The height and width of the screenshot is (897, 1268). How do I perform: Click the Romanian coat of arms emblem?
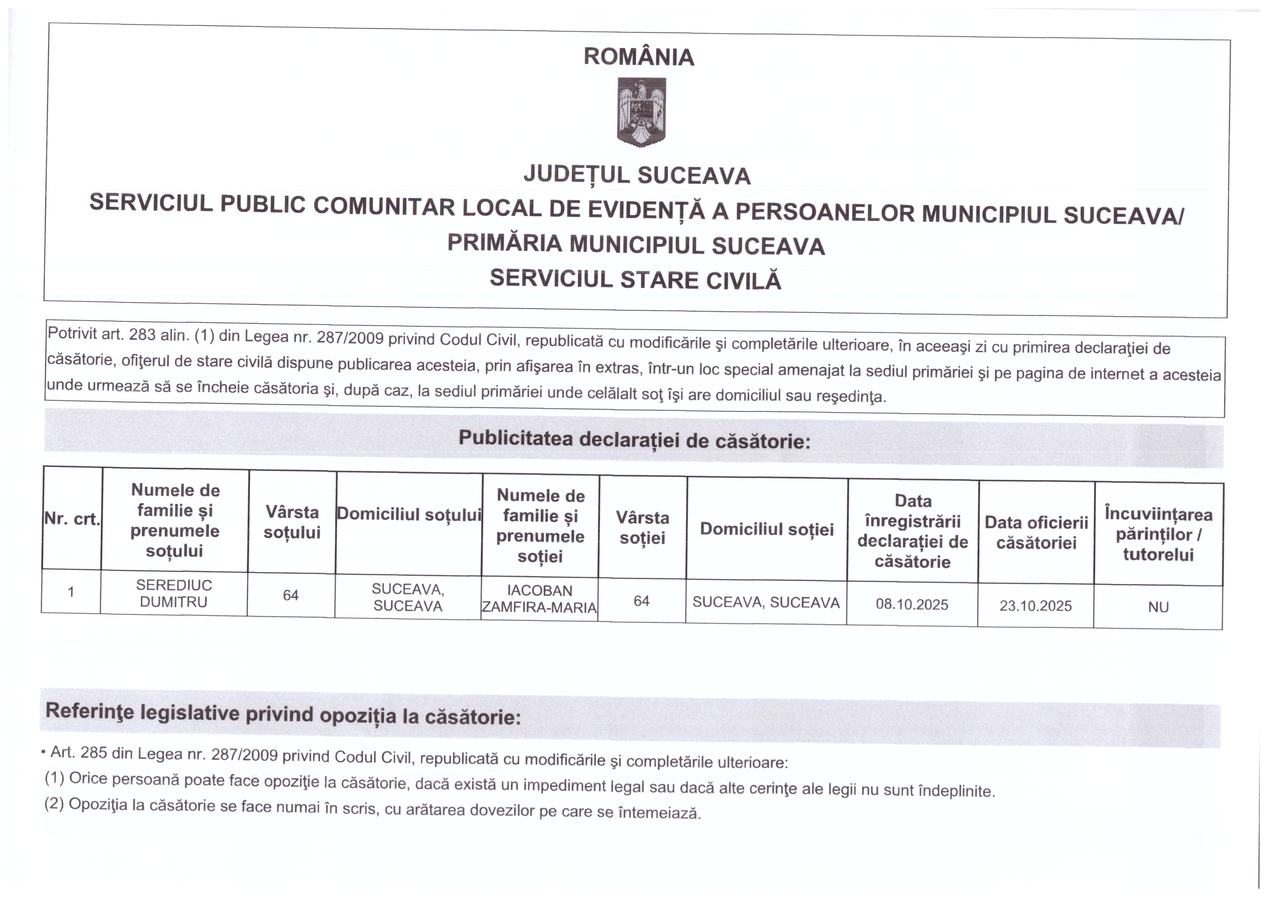[641, 112]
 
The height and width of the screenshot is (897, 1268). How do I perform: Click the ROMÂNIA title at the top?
[639, 57]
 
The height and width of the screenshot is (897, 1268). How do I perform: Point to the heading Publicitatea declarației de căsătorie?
[634, 440]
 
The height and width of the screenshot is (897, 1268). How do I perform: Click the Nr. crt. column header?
[72, 519]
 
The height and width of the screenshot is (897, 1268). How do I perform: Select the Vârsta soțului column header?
[292, 522]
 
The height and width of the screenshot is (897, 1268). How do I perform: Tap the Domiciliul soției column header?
[767, 529]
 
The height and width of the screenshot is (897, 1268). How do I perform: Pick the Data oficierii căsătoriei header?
[1036, 533]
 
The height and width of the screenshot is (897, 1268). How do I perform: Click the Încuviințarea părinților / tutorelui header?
[1158, 534]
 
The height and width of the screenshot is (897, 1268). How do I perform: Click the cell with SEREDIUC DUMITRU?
[174, 593]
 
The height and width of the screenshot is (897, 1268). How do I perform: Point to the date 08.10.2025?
[912, 604]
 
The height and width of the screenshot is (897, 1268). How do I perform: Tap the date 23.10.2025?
[1036, 606]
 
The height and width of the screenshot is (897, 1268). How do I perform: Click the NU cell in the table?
[1158, 607]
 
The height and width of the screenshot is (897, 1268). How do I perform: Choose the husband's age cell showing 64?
[291, 595]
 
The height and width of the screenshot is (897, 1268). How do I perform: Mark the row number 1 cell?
[71, 592]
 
